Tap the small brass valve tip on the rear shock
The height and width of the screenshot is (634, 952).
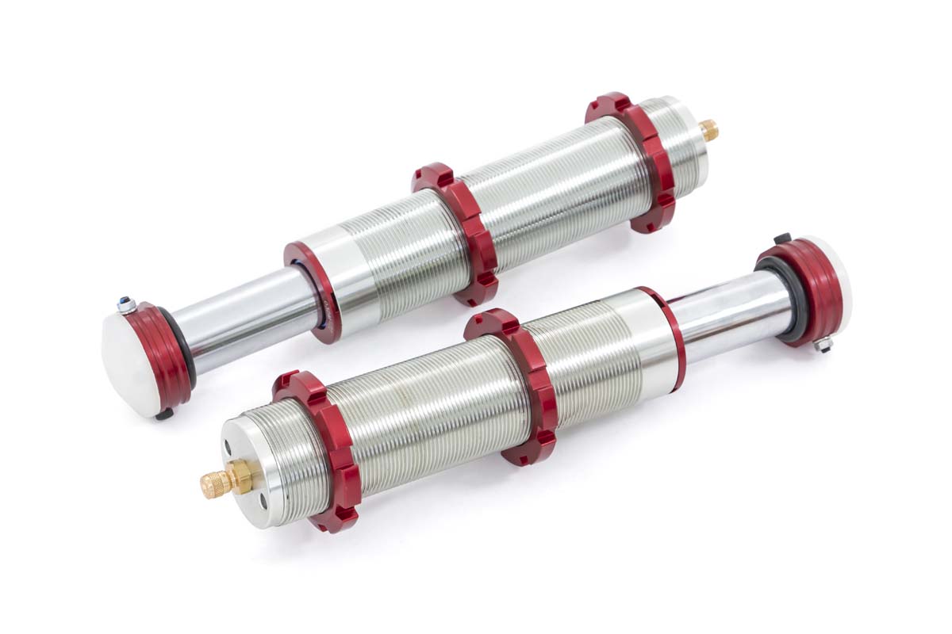click(708, 128)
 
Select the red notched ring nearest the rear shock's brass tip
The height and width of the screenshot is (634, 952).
click(635, 162)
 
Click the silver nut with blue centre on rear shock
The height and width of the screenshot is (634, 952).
click(125, 304)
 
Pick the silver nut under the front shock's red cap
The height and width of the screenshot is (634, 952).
click(823, 344)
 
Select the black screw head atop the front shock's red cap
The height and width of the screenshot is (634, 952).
click(782, 238)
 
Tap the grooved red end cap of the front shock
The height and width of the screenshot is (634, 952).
click(801, 289)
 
